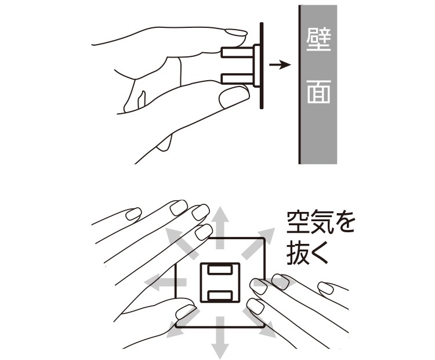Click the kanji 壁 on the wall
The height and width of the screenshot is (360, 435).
pos(319,39)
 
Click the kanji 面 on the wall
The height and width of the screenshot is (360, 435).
pos(319,92)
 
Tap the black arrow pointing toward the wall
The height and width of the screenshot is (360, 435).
pos(280,65)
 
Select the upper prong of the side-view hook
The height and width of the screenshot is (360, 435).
pos(237,52)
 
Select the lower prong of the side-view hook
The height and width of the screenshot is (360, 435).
pos(237,78)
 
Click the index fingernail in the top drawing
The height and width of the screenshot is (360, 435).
pos(235,33)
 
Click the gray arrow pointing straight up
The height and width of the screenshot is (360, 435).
pos(220,227)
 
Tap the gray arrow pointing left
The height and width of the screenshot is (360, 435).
pos(165,282)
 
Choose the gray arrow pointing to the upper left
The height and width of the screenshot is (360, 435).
pos(182,243)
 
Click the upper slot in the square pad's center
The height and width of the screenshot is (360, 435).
pos(220,270)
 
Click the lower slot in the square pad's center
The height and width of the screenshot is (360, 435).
pos(220,296)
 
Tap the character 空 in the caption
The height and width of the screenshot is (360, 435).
pos(298,222)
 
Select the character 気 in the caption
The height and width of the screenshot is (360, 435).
pos(321,222)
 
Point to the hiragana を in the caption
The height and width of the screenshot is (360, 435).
pos(344,222)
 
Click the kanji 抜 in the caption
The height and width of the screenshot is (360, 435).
pos(298,253)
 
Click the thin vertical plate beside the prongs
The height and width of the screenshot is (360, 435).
pos(262,66)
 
